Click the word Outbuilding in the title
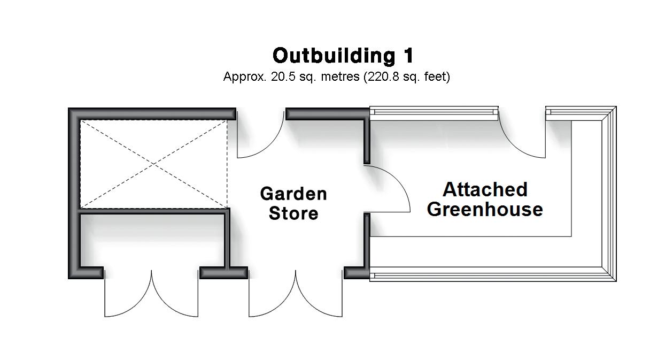[332, 56]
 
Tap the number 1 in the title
[407, 56]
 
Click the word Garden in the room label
[293, 194]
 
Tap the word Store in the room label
[293, 213]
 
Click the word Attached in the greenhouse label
[485, 189]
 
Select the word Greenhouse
[485, 209]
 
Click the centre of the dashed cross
[154, 164]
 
